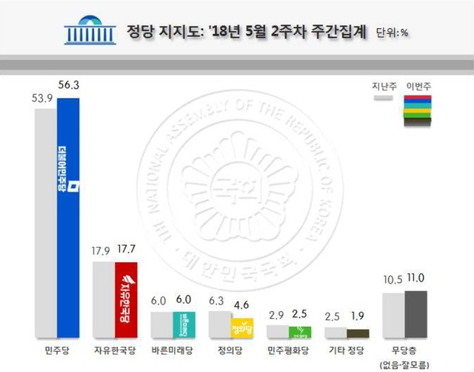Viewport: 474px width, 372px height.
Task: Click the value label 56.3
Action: pyautogui.click(x=67, y=87)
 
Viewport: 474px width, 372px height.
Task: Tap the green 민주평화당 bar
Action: pyautogui.click(x=301, y=333)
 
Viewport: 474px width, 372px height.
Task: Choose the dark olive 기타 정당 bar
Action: pyautogui.click(x=358, y=334)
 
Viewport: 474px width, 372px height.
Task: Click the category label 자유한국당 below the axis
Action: pyautogui.click(x=113, y=349)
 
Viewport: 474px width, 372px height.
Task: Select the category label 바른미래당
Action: pyautogui.click(x=171, y=349)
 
